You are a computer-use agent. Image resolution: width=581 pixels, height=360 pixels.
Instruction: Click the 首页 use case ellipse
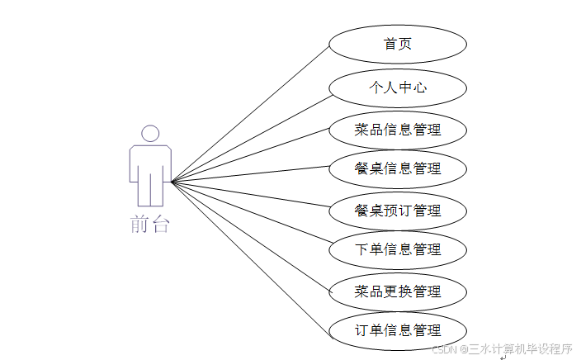(398, 44)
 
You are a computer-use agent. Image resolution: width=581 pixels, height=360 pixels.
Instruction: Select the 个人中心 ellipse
(398, 87)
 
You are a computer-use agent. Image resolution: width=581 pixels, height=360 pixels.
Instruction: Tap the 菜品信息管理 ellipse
(398, 130)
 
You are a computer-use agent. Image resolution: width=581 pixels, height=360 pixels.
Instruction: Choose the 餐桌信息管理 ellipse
(398, 168)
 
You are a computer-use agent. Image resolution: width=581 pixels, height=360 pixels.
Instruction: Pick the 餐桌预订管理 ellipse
(398, 211)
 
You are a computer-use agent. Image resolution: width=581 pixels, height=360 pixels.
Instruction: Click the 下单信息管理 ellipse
(398, 249)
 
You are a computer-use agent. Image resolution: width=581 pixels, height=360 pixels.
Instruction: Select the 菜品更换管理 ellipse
(398, 291)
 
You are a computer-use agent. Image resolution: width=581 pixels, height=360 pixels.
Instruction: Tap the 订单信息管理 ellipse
(398, 330)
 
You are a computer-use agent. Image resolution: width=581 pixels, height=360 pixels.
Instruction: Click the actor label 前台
(149, 225)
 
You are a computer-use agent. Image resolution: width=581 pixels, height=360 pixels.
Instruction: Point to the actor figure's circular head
(150, 134)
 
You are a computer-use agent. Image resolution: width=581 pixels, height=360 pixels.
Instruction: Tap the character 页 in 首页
(405, 44)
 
